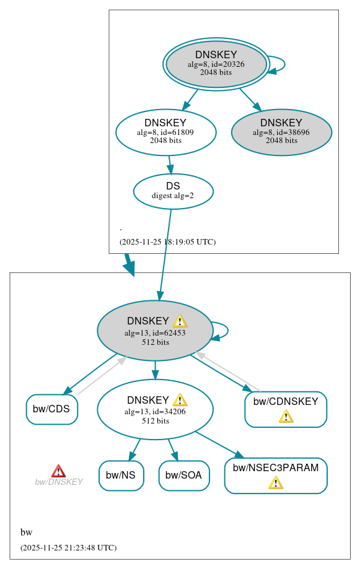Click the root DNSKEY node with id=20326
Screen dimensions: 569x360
pos(216,64)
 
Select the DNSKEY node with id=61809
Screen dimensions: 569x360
pos(165,132)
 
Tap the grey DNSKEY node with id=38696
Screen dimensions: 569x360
pos(281,132)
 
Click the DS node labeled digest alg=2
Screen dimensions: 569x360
pos(173,191)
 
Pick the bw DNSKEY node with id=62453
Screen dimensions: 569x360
pos(154,331)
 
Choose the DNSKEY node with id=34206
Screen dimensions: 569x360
pos(155,409)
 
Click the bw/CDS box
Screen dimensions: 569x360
pos(52,409)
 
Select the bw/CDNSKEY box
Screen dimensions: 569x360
pos(286,409)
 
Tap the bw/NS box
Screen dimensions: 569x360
pos(121,476)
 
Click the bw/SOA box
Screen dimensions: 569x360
pos(184,476)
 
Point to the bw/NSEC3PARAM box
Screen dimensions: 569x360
pos(276,476)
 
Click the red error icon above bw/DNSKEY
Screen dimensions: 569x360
pos(58,471)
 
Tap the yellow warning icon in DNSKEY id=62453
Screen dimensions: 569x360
pos(180,321)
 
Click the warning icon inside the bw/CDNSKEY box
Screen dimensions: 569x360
pos(286,416)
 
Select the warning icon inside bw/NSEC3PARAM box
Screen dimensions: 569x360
pos(276,482)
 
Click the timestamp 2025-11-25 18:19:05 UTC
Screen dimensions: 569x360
pos(167,242)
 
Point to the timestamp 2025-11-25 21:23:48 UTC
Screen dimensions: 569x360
pos(68,548)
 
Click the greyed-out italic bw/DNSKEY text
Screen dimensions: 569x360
pos(59,482)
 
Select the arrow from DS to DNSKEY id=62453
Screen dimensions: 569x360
pos(165,248)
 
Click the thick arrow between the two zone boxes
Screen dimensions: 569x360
pos(129,264)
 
